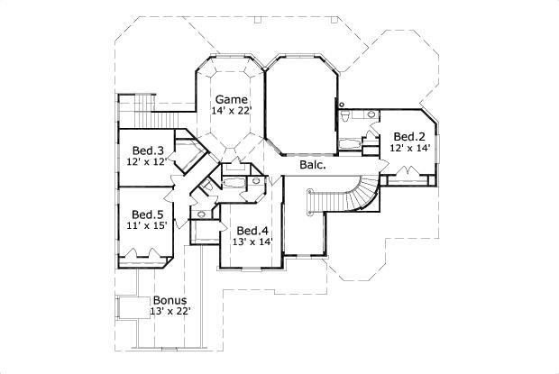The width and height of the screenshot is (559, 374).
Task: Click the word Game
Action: (230, 98)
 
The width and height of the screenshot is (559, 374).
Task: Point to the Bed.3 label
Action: (147, 151)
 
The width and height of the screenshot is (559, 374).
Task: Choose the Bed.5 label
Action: (147, 214)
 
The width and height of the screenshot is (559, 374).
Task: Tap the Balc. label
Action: (312, 167)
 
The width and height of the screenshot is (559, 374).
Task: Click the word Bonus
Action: (170, 300)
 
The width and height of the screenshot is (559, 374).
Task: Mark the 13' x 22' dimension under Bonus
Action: (170, 312)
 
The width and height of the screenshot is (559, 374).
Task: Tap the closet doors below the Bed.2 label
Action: (399, 178)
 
